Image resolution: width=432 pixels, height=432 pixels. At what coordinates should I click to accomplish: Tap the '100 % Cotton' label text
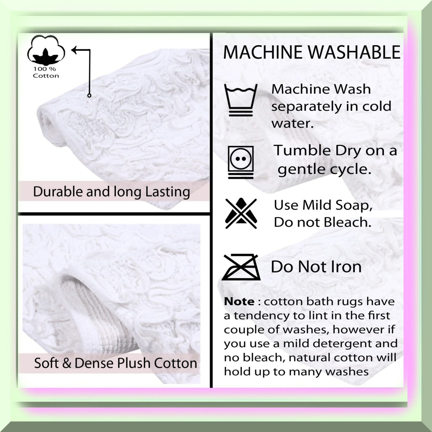pos(46,72)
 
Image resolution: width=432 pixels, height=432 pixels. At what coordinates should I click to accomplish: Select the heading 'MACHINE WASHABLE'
pos(312,52)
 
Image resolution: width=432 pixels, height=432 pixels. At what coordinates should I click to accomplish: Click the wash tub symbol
pos(241,100)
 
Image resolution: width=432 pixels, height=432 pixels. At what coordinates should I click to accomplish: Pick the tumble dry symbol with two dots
pos(241,162)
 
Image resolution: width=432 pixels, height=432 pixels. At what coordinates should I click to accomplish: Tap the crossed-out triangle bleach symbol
pos(241,214)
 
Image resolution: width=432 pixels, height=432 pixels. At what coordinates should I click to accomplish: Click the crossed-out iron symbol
pos(241,267)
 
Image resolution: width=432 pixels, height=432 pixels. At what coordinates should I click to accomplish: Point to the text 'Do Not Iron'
pos(316,267)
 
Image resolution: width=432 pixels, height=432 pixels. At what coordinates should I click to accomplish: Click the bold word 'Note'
pos(239,301)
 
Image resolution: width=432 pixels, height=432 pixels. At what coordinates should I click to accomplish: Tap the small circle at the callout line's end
pos(89,95)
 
